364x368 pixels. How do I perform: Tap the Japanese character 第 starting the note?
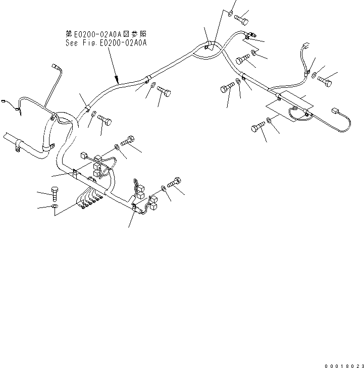point(69,34)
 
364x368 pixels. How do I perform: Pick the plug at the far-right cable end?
point(335,111)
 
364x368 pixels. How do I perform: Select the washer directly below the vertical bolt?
point(55,206)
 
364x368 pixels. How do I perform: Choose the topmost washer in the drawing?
point(230,14)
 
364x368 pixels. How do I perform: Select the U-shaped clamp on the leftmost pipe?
point(18,146)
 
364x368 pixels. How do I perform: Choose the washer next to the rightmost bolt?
point(314,76)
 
